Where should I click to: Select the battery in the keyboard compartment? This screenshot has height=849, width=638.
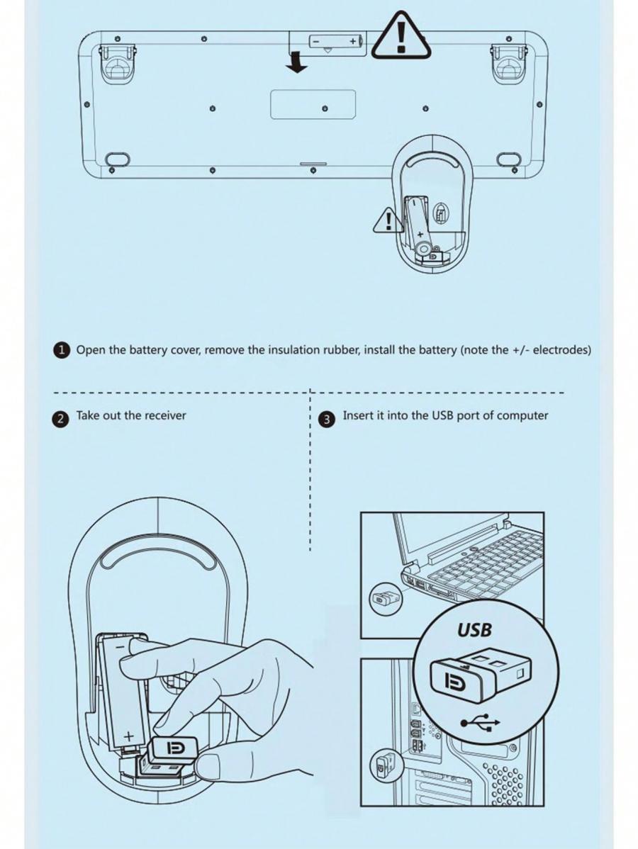point(335,40)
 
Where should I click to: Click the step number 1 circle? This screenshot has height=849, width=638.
point(62,350)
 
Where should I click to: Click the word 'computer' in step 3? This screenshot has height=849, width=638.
point(522,416)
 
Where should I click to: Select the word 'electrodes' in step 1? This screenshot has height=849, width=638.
point(561,350)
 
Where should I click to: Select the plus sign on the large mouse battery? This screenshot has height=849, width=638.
point(128,736)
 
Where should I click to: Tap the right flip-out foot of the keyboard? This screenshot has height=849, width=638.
point(508,61)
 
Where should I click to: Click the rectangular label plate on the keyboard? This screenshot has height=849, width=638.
point(313,104)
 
